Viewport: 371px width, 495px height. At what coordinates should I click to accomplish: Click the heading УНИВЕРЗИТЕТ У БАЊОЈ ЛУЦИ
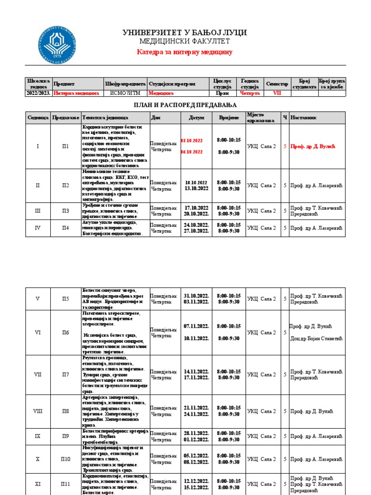click(185, 32)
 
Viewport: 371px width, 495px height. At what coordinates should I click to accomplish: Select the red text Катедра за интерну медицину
click(185, 52)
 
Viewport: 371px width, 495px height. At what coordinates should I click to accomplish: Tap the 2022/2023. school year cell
click(39, 93)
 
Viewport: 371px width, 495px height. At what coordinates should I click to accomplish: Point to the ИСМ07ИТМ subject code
click(125, 93)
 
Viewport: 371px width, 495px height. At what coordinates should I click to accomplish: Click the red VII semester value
click(277, 93)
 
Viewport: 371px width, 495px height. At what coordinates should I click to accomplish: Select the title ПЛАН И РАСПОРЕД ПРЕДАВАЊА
click(185, 105)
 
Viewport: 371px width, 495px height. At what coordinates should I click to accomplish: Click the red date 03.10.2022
click(192, 141)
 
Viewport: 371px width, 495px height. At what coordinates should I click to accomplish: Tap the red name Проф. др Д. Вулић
click(313, 146)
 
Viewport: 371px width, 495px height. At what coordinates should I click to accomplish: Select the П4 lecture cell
click(66, 228)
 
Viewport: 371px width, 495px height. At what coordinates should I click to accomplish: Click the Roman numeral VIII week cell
click(38, 411)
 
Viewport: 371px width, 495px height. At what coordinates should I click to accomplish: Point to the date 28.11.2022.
click(196, 433)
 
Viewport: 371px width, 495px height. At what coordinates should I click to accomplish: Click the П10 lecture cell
click(66, 459)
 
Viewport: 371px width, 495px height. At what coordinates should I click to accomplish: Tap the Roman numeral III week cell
click(38, 211)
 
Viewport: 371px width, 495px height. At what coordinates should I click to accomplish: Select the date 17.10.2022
click(196, 208)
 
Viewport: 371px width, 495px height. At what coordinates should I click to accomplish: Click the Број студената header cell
click(304, 84)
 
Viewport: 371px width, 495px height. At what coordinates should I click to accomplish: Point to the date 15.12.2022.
click(196, 487)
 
